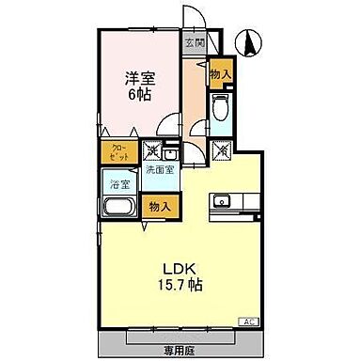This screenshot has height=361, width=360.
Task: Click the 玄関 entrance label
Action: pos(194,42)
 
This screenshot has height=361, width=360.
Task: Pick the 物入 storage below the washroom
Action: pos(158,206)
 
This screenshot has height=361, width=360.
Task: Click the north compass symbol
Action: pos(250,41)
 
